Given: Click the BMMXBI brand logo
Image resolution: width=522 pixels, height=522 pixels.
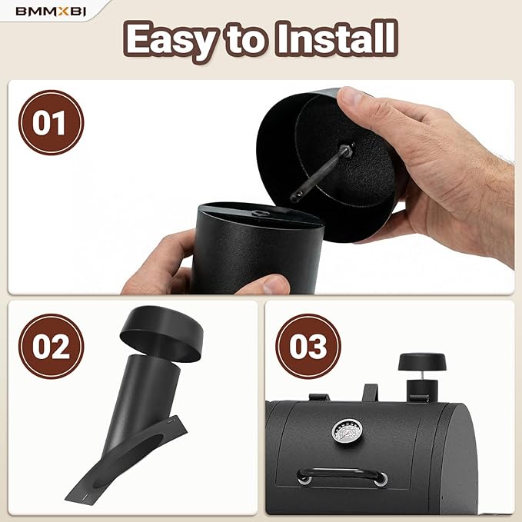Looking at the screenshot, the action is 51,12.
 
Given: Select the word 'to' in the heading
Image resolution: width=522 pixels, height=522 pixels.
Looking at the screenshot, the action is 247,39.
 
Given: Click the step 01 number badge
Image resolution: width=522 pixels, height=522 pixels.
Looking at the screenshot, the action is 51,122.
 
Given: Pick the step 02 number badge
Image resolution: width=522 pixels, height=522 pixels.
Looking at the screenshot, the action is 51,346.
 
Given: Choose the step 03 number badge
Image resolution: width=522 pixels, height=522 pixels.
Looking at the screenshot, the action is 308,346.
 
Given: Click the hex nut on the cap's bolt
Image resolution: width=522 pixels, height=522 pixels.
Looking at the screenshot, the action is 348,149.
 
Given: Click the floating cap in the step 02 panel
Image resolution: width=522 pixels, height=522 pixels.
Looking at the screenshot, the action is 161,334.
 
